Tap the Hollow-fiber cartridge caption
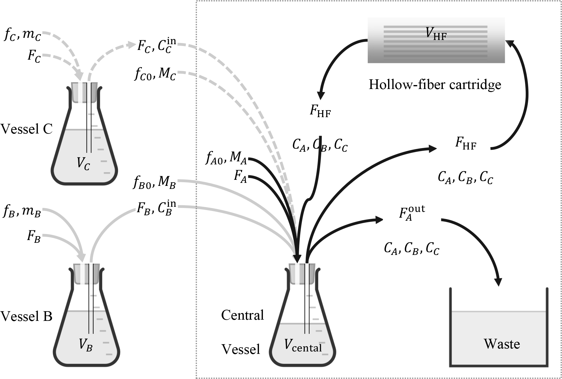(435, 84)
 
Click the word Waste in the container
(502, 344)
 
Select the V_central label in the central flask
(303, 346)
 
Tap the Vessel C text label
(27, 129)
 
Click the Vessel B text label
(27, 316)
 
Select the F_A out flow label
(412, 213)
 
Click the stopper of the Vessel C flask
(84, 92)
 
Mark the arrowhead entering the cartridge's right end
(511, 44)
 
